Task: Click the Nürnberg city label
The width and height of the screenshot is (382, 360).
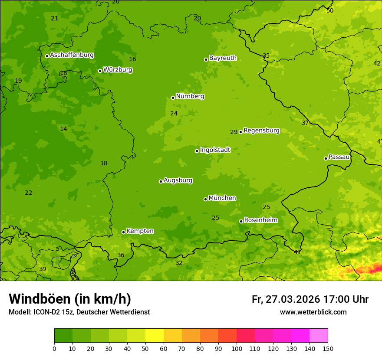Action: coord(190,96)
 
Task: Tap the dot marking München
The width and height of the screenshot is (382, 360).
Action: coord(205,199)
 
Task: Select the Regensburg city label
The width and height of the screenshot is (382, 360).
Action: coord(261,131)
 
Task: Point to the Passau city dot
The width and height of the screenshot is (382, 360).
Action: coord(326,158)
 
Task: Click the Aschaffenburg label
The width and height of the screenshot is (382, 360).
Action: coord(72,55)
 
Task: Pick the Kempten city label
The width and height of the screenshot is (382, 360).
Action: coord(140,231)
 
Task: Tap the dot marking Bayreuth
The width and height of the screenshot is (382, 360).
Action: coord(206,59)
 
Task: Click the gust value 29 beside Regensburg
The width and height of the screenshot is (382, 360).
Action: coord(234,132)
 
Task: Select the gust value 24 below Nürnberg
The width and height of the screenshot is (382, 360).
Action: coord(174,113)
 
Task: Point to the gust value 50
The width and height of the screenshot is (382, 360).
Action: coord(330,10)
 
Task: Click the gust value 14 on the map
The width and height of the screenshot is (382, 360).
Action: coord(63,129)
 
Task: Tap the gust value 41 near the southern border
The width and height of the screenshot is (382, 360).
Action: coord(297,252)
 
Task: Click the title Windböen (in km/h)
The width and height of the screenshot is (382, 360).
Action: coord(70,299)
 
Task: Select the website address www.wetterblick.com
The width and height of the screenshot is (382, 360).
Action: coord(313,312)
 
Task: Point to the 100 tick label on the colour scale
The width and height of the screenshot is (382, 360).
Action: coord(237,348)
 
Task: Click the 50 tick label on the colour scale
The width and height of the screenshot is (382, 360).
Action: coord(145,348)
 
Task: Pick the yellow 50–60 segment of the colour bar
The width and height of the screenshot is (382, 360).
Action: coord(155,336)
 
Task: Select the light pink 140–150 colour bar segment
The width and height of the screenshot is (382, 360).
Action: coord(319,336)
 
